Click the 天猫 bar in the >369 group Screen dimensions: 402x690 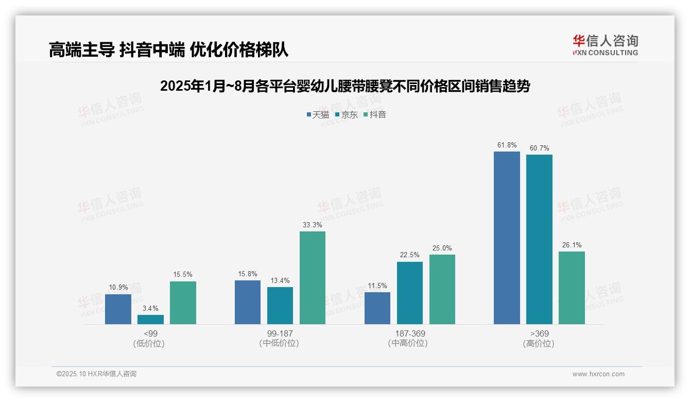click(507, 238)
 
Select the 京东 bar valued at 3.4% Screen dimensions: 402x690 click(150, 320)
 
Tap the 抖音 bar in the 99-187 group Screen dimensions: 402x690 click(313, 278)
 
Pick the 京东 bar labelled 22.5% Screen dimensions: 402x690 click(410, 293)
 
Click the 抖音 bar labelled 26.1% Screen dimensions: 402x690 click(572, 288)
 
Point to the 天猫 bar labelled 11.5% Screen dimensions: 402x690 click(377, 308)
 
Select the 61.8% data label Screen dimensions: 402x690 click(507, 145)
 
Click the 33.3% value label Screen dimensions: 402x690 click(313, 225)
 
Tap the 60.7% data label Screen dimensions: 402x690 click(539, 148)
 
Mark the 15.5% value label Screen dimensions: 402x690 click(183, 275)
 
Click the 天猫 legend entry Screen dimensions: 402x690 click(318, 114)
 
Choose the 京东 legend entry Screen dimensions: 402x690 click(346, 114)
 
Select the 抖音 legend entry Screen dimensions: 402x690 click(374, 114)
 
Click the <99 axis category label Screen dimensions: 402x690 click(150, 333)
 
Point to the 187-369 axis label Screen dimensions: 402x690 click(410, 333)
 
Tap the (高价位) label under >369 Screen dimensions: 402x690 click(539, 343)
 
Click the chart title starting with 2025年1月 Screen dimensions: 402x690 click(345, 86)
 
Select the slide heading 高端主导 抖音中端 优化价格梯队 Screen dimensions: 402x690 click(168, 49)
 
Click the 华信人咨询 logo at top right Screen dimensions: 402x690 click(605, 45)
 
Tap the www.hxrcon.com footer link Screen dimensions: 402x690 click(598, 374)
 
